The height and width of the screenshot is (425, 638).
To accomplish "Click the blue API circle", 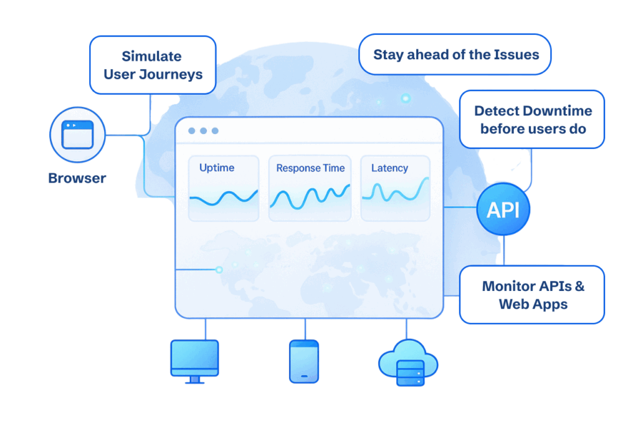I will pos(503,210).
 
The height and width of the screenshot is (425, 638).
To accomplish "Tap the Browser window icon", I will pos(77,135).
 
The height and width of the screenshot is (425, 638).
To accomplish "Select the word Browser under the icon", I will pos(77,178).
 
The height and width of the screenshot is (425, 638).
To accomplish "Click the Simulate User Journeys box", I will pos(153,65).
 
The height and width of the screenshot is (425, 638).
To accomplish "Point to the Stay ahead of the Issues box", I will pos(455,54).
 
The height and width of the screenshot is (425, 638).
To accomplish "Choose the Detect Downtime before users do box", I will pos(532,120).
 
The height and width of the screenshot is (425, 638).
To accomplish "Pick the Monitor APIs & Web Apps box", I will pos(532,295).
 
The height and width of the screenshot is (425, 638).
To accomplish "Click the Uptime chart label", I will pos(217,168).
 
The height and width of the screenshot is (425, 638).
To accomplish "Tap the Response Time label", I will pos(310,168).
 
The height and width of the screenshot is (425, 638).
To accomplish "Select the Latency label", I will pos(389,168).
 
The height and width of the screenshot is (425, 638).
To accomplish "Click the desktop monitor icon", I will pos(194,360).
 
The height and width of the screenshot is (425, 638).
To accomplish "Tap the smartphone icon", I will pos(304,361).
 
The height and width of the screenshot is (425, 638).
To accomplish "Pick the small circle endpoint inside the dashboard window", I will pos(219,270).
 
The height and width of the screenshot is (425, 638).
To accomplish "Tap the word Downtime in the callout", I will pos(558,112).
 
